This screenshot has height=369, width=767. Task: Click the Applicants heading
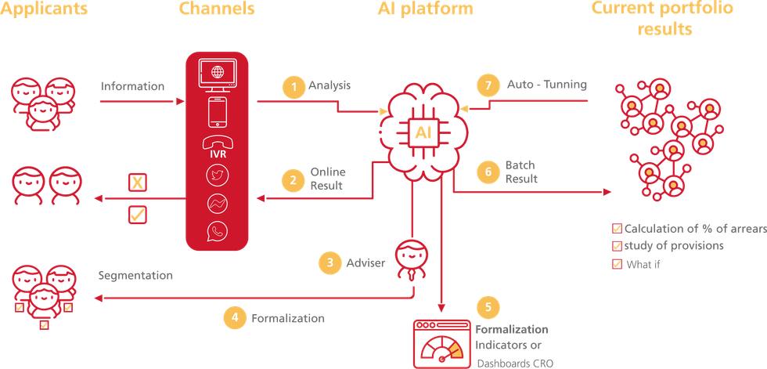[x=44, y=10]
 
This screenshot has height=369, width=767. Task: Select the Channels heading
[x=216, y=10]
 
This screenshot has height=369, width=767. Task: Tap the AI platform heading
[x=425, y=10]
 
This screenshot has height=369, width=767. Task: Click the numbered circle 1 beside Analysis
[x=293, y=88]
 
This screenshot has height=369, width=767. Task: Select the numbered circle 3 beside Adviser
[x=329, y=262]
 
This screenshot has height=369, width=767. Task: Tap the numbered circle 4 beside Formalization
[x=234, y=317]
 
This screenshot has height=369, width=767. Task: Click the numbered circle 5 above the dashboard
[x=488, y=305]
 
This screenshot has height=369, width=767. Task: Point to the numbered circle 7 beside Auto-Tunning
[x=488, y=84]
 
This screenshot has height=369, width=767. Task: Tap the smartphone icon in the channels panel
[x=216, y=111]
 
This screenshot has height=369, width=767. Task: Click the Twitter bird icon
[x=216, y=177]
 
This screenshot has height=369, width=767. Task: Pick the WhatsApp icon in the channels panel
[x=216, y=231]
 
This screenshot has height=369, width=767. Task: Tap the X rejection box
[x=137, y=183]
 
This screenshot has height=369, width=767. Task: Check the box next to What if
[x=617, y=263]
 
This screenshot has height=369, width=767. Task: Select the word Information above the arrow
[x=133, y=86]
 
